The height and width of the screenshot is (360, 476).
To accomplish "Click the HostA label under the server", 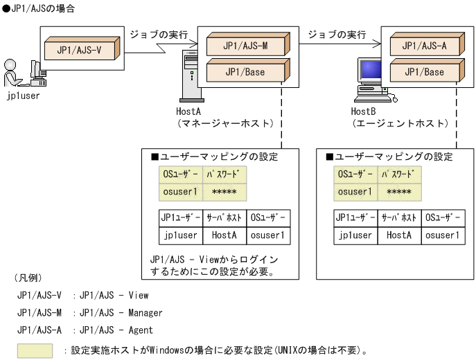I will [188, 111].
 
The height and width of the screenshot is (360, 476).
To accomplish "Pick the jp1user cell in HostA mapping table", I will [180, 235].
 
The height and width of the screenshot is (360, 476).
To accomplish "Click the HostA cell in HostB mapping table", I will [399, 235].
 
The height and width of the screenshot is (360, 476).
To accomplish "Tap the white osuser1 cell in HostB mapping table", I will [442, 235].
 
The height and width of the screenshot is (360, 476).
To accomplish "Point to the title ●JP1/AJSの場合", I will [39, 8].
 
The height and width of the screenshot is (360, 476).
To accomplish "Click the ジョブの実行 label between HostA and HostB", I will [337, 34].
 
